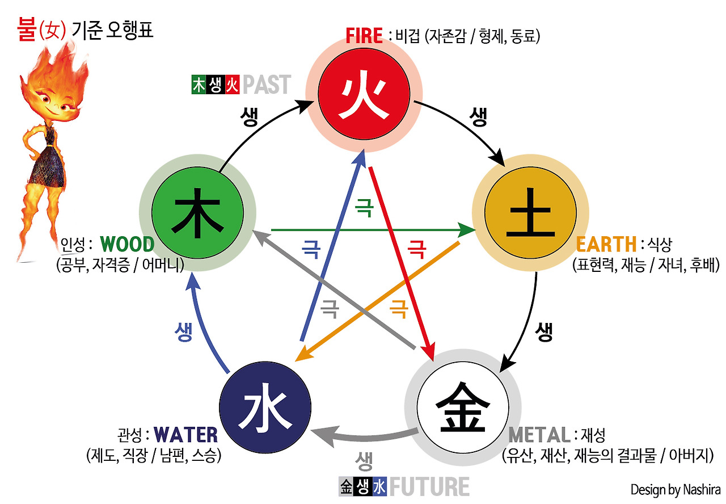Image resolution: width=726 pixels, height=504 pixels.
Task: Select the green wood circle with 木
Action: pos(198,213)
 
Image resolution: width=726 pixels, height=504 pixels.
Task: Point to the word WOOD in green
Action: pos(127,245)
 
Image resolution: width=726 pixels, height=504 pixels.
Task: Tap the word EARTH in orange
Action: pos(606,245)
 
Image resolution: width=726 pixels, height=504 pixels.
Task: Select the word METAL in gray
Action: pos(539,435)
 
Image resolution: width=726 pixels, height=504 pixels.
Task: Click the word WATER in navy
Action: pos(185,435)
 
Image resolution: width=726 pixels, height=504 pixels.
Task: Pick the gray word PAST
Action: pos(267,85)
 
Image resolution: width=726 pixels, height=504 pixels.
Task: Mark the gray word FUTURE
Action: pos(429,487)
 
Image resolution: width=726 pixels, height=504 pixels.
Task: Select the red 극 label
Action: pos(417,248)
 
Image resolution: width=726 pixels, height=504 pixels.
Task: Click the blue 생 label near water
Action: pos(183,333)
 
